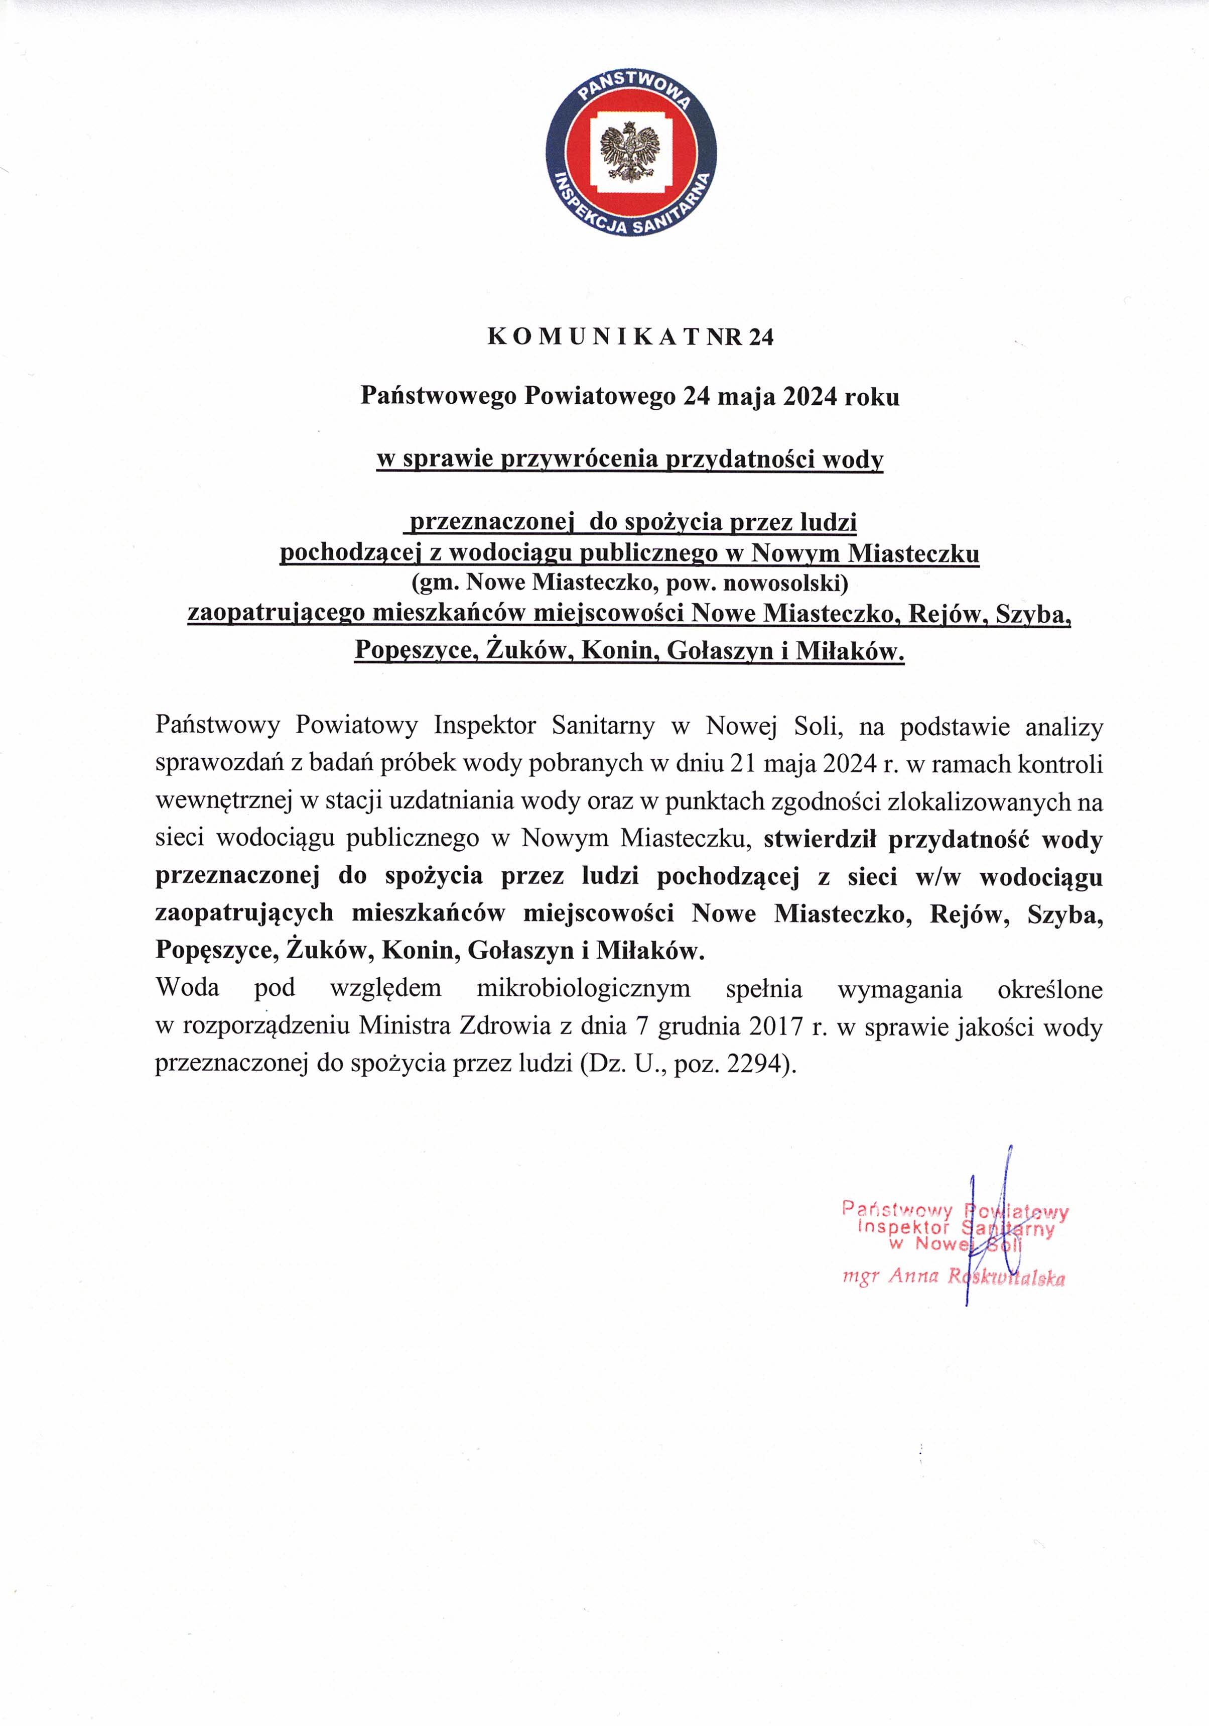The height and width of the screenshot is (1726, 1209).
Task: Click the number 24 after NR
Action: point(760,337)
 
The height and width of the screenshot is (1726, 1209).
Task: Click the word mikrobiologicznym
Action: point(583,988)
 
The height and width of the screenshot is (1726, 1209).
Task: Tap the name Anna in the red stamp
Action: point(913,1276)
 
